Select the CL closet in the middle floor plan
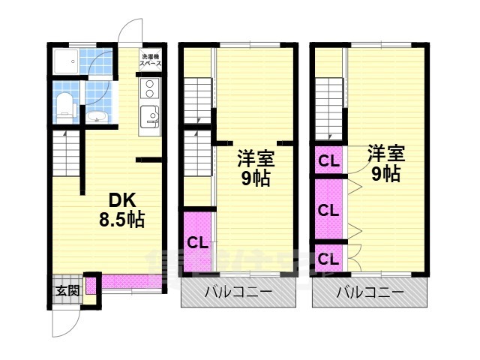196,242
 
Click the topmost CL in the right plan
328,160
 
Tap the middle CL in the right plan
328,210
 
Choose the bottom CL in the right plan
328,259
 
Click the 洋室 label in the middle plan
256,159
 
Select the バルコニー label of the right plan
369,292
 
